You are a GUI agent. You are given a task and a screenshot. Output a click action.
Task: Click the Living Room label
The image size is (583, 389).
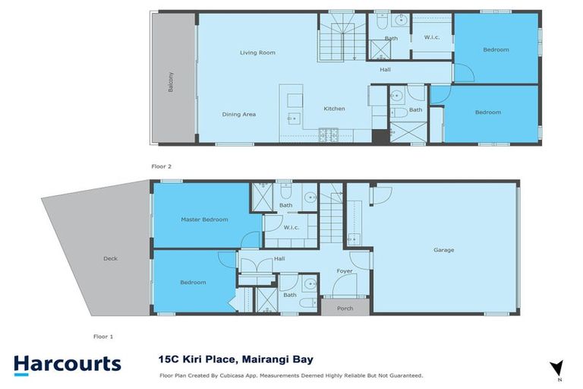tap(257, 52)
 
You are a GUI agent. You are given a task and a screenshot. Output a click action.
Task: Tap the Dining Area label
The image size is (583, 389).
tap(238, 114)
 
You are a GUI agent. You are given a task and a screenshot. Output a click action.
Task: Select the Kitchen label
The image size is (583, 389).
tap(334, 109)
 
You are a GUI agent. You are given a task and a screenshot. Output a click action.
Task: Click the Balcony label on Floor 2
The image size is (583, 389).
tap(172, 82)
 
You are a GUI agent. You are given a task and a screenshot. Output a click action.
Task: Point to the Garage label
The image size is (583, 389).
tap(443, 249)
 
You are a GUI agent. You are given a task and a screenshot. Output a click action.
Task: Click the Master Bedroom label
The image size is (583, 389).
tap(204, 220)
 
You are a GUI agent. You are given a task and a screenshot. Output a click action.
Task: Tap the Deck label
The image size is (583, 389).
tap(110, 258)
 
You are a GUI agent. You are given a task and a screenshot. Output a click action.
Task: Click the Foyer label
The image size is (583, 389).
tap(345, 271)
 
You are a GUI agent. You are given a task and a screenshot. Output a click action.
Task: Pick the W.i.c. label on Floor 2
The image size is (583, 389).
tap(432, 37)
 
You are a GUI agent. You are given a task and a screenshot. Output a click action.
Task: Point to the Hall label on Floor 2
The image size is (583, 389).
tap(385, 70)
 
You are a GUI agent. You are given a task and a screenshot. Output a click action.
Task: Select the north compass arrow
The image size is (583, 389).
tap(556, 368)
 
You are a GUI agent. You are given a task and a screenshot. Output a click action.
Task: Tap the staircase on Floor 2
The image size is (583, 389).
tap(336, 38)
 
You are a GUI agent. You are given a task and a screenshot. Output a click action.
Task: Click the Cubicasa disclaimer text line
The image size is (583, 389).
tap(290, 375)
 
